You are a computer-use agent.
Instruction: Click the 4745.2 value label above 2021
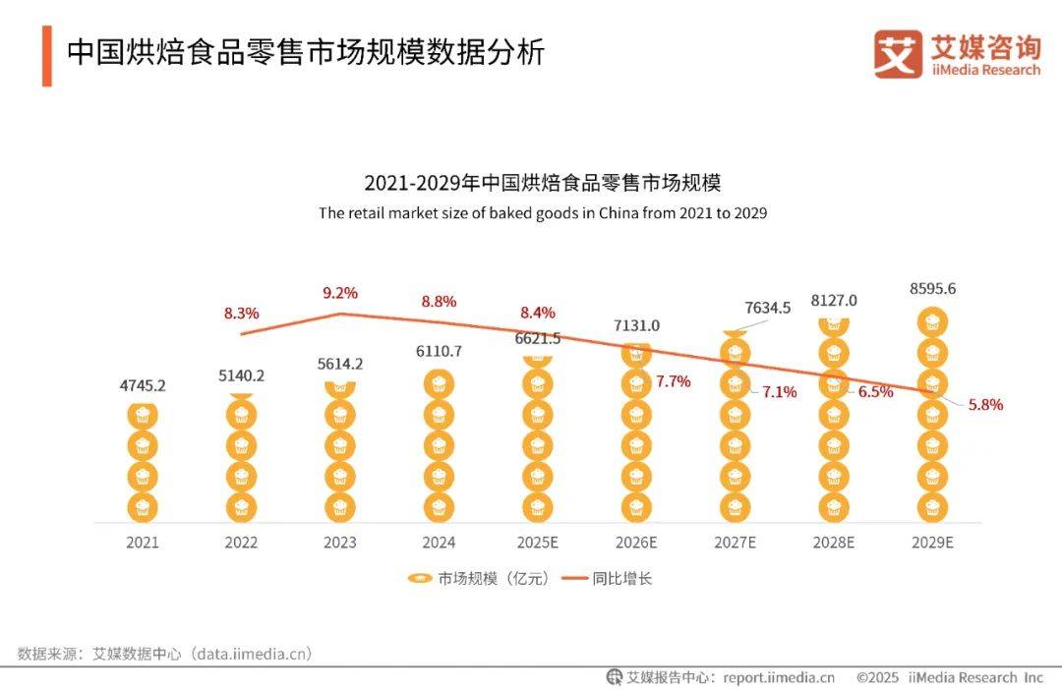pyautogui.click(x=142, y=385)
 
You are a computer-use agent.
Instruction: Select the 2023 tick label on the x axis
pyautogui.click(x=339, y=543)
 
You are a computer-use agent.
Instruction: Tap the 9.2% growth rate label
pyautogui.click(x=339, y=293)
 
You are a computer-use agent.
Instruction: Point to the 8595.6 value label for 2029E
pyautogui.click(x=932, y=289)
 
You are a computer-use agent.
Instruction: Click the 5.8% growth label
pyautogui.click(x=984, y=404)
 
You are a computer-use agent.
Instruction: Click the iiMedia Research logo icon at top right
pyautogui.click(x=898, y=54)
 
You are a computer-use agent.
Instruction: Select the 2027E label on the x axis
pyautogui.click(x=735, y=543)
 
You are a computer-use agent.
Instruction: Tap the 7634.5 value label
pyautogui.click(x=768, y=308)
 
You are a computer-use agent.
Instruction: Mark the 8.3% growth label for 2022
pyautogui.click(x=241, y=314)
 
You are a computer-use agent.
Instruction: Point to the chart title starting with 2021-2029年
pyautogui.click(x=542, y=183)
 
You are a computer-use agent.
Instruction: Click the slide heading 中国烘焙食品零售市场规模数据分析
pyautogui.click(x=305, y=52)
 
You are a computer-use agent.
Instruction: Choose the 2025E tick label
pyautogui.click(x=537, y=543)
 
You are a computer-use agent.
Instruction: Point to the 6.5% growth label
pyautogui.click(x=875, y=391)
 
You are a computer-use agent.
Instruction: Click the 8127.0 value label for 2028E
pyautogui.click(x=833, y=301)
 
